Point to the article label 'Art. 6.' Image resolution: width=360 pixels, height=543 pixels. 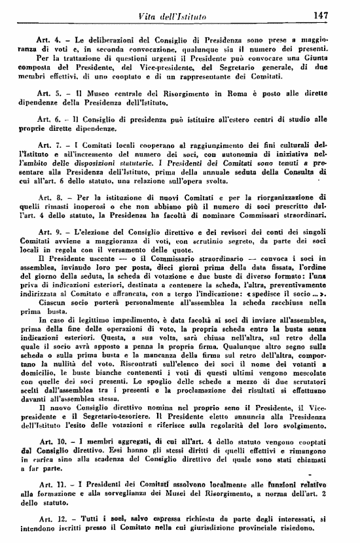click(x=51, y=120)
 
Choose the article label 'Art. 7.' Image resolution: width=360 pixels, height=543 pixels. click(x=51, y=145)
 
